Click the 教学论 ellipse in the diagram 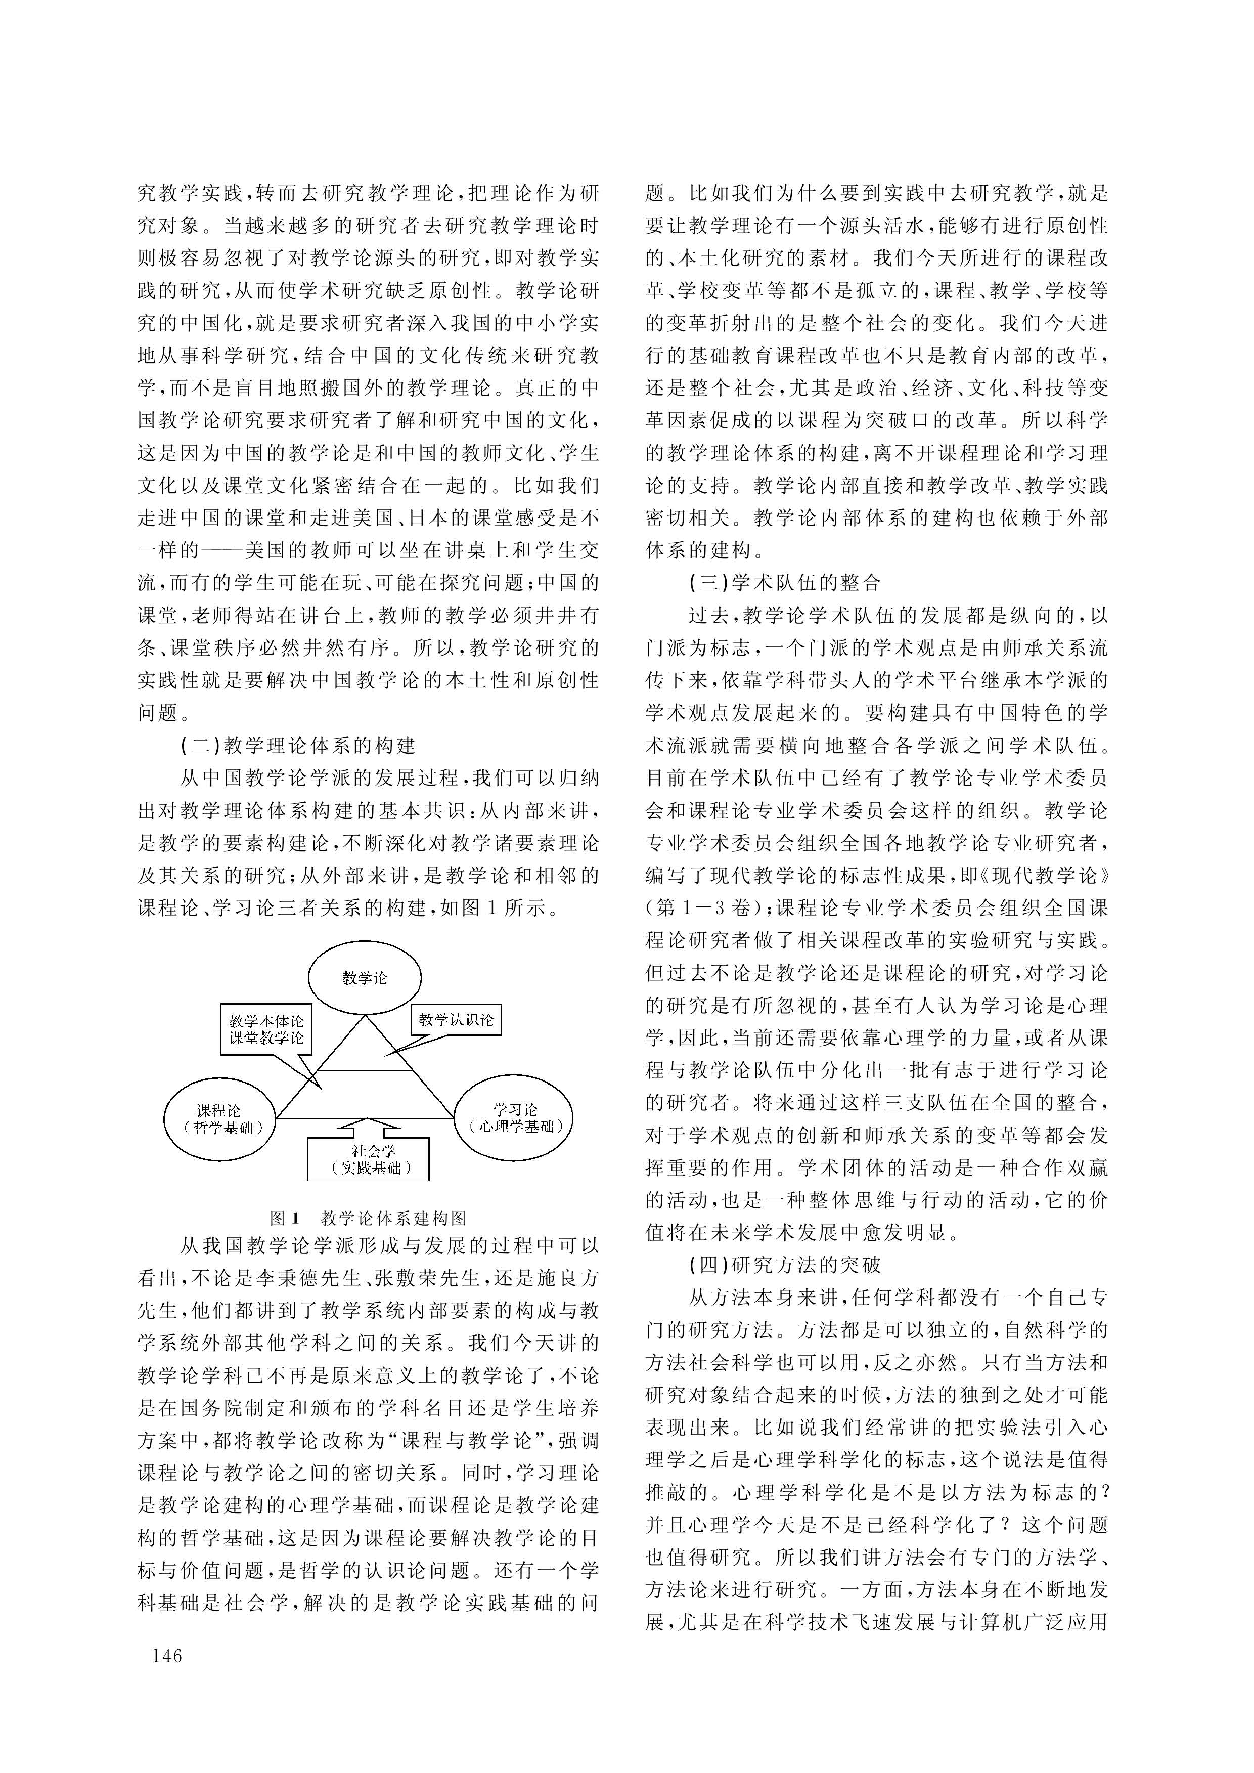pyautogui.click(x=365, y=978)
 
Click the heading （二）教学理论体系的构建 pyautogui.click(x=298, y=746)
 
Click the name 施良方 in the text pyautogui.click(x=567, y=1279)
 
